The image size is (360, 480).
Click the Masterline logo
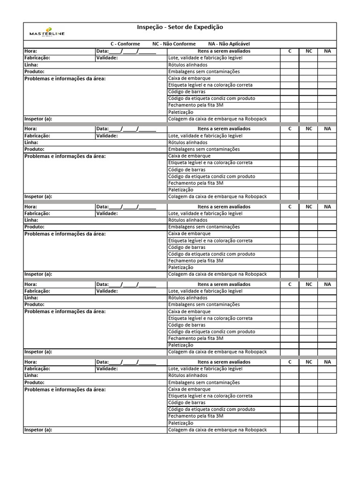(x=47, y=31)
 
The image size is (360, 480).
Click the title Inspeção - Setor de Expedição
(x=180, y=28)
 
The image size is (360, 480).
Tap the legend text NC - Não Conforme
(x=174, y=44)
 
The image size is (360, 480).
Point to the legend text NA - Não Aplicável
(x=229, y=44)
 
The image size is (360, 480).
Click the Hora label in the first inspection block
(x=30, y=51)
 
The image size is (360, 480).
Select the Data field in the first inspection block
(x=126, y=51)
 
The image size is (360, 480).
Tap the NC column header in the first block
(x=308, y=51)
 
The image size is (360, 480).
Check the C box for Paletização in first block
(x=290, y=112)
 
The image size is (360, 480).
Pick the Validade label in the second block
(x=107, y=135)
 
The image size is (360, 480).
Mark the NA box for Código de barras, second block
(x=327, y=170)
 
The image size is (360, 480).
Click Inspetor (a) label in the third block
(x=38, y=274)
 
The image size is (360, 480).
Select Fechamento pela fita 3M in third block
(x=195, y=261)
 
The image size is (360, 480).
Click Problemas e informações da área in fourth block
(x=65, y=311)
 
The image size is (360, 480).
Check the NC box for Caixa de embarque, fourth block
(x=308, y=311)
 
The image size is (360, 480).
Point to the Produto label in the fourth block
(x=34, y=304)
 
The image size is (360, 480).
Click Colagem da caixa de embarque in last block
(x=217, y=430)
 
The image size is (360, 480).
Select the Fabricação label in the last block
(x=37, y=369)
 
